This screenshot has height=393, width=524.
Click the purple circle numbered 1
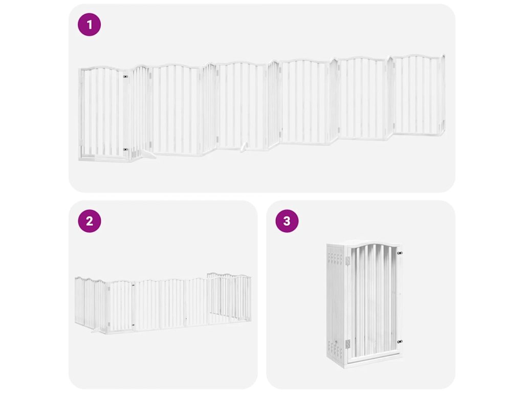[x=89, y=25]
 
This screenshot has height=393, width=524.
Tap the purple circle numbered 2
[x=89, y=221]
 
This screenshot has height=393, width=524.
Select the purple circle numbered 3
[x=287, y=221]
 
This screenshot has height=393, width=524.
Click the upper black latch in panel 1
[x=125, y=77]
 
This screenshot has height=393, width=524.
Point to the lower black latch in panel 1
[x=125, y=149]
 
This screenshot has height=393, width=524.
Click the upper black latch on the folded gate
[x=399, y=253]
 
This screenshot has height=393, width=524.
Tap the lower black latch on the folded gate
[x=399, y=342]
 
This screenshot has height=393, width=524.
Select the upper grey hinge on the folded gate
[x=347, y=260]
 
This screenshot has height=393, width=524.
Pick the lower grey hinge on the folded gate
[x=347, y=344]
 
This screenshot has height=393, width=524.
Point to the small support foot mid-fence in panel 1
[x=244, y=147]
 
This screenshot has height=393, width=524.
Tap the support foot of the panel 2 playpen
[x=95, y=331]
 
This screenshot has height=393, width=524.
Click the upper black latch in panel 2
[x=133, y=285]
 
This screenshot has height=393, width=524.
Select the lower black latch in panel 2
[x=133, y=324]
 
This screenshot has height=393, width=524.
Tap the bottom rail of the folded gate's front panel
[x=374, y=359]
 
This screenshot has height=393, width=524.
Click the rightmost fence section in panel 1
[x=418, y=95]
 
